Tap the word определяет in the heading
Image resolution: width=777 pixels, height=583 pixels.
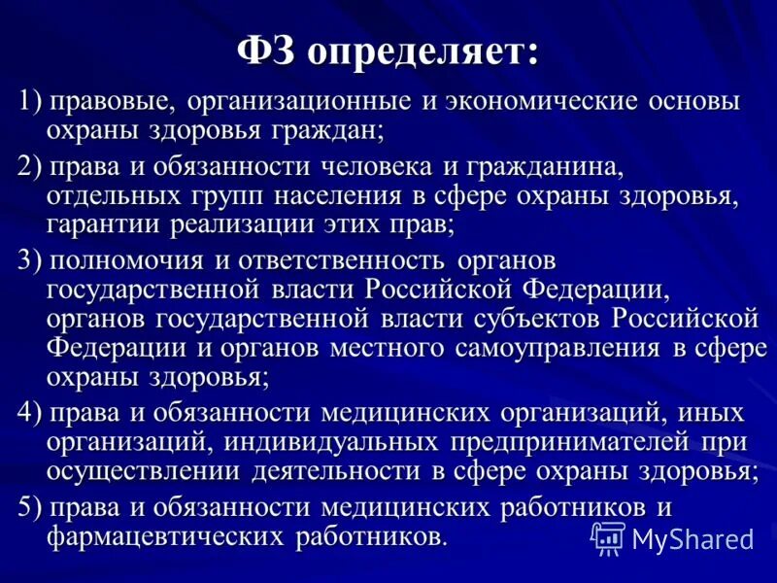[423, 51]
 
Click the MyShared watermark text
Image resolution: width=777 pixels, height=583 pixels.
[693, 538]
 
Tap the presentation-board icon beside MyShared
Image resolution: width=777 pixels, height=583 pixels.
[608, 536]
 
